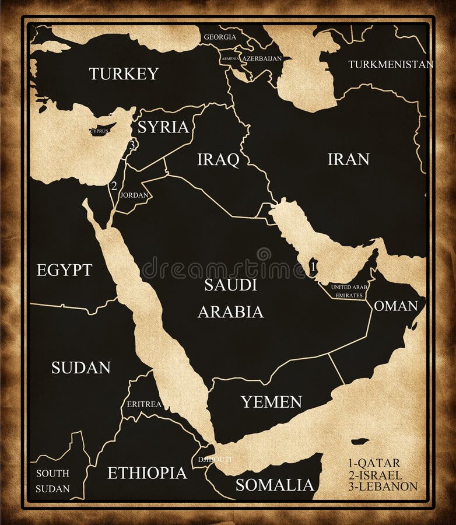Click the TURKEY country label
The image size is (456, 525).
(x=124, y=73)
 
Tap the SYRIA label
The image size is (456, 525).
(x=163, y=127)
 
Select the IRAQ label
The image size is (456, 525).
(x=218, y=159)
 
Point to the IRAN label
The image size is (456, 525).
(x=348, y=159)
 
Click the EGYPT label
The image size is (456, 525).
(x=64, y=269)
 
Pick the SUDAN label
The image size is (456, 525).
(x=80, y=367)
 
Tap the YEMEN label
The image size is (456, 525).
(x=271, y=401)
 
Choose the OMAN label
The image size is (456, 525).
(x=395, y=306)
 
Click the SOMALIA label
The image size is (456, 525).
(x=275, y=485)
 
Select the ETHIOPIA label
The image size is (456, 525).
(x=147, y=473)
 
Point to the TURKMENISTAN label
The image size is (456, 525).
(x=391, y=64)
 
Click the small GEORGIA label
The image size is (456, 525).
(x=220, y=37)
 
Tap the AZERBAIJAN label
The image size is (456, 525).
(x=262, y=59)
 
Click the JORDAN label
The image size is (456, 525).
(x=134, y=195)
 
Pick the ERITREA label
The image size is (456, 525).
(x=144, y=404)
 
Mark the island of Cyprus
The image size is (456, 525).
(x=100, y=131)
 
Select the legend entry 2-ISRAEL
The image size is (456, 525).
(x=375, y=474)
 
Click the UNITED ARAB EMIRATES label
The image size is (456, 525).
(x=349, y=291)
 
